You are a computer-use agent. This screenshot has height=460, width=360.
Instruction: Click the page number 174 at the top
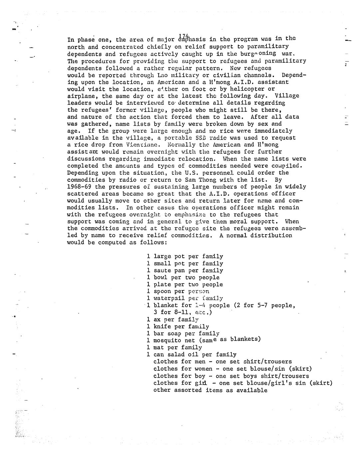click(184, 36)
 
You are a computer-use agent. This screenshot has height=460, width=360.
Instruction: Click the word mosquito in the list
click(167, 341)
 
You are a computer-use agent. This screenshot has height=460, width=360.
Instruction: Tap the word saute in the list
click(162, 270)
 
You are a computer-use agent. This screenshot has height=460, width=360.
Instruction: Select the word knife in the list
click(162, 327)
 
